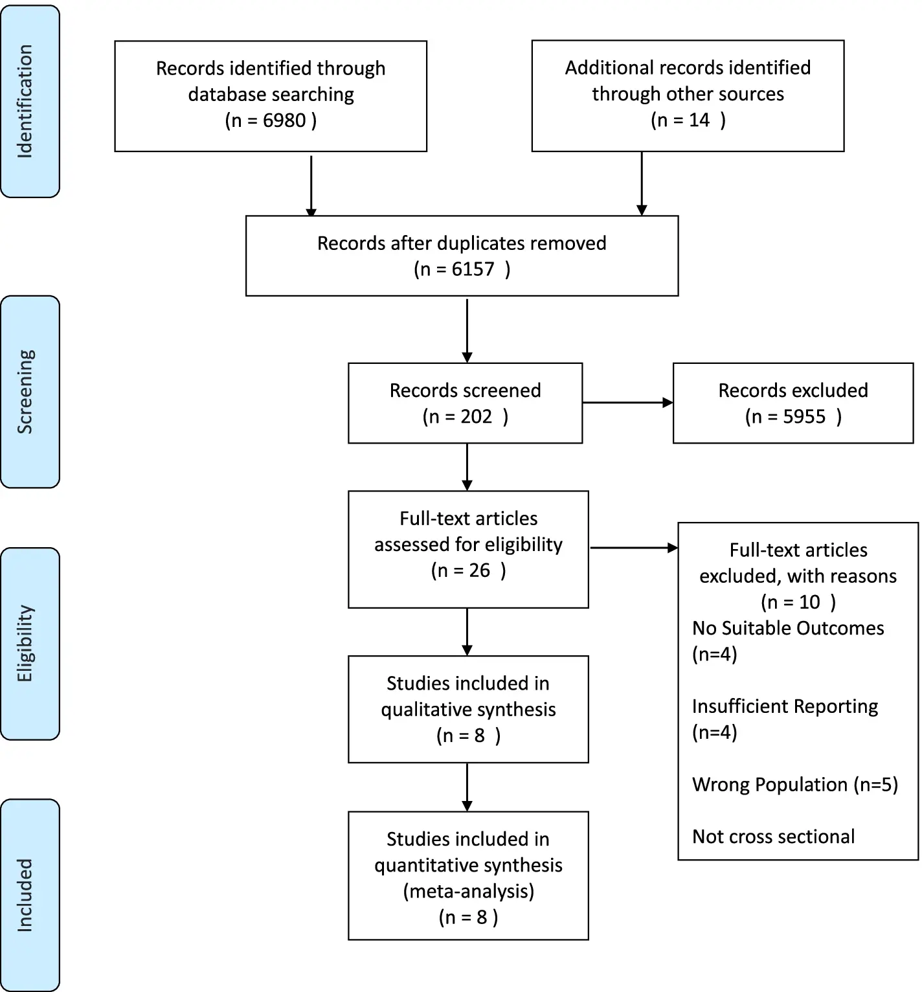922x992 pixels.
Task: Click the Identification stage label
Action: point(25,101)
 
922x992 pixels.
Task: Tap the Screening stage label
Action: point(25,392)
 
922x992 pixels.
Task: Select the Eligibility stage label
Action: point(25,644)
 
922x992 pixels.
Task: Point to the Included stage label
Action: point(25,895)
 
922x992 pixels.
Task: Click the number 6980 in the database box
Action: point(284,120)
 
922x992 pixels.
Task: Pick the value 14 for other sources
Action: point(699,120)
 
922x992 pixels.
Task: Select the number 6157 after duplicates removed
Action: point(473,269)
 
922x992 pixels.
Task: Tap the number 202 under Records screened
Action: point(476,416)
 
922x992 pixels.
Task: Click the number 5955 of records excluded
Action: point(804,416)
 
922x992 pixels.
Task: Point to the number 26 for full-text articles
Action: point(479,570)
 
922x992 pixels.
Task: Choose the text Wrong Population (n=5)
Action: point(795,785)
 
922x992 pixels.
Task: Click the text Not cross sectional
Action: point(773,837)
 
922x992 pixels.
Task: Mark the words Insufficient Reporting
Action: point(785,706)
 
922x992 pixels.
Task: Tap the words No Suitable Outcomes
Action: point(788,628)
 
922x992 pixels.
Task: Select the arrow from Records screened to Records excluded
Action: point(628,403)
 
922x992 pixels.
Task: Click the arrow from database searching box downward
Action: point(311,186)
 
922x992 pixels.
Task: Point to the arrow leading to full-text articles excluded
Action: point(635,548)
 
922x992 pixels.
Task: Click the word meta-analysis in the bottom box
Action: point(469,891)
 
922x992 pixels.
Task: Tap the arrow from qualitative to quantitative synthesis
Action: point(467,787)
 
